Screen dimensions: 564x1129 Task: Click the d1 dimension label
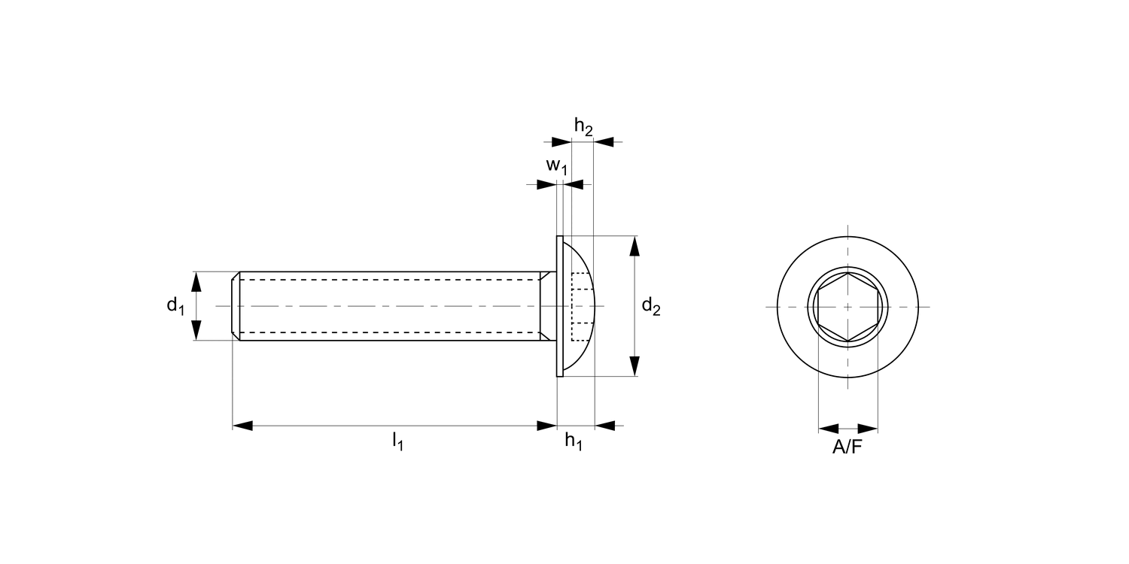[175, 305]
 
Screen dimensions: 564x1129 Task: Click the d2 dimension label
[651, 306]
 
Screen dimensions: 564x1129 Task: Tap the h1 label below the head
[574, 442]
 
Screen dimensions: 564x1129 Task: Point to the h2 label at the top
[583, 128]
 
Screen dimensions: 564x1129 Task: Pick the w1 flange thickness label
[556, 166]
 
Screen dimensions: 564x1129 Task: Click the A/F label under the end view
[848, 447]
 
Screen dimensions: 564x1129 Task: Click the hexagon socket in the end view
[848, 307]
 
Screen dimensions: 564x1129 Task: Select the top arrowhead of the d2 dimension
[634, 247]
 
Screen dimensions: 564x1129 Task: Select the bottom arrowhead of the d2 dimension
[634, 365]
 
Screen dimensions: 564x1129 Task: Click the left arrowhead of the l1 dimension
[242, 426]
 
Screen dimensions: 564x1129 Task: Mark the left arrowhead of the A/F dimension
[828, 429]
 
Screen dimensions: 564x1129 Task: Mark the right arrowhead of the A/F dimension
[868, 429]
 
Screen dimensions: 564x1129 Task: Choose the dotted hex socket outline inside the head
[579, 306]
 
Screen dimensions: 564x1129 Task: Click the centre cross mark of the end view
[848, 307]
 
